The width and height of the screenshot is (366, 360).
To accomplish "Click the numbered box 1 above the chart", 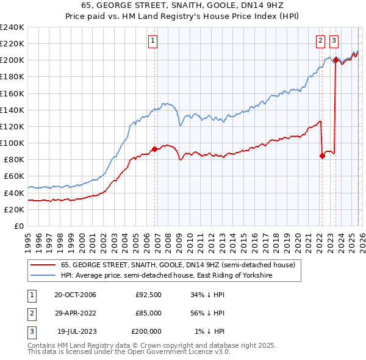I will (152, 41).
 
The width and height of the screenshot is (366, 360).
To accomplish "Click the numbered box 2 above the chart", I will (320, 41).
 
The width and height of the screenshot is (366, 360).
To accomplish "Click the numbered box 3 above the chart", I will (334, 41).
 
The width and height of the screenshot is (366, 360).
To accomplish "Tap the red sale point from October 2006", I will (155, 149).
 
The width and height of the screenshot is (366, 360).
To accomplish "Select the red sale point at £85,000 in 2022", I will (322, 156).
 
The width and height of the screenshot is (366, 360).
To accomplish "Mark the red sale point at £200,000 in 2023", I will (335, 60).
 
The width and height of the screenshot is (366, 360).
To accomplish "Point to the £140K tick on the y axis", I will (12, 110).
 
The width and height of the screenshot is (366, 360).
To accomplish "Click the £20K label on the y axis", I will (14, 209).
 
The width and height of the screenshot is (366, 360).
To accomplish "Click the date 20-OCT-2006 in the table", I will (75, 295).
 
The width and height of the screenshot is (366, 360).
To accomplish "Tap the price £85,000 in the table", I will (148, 313).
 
